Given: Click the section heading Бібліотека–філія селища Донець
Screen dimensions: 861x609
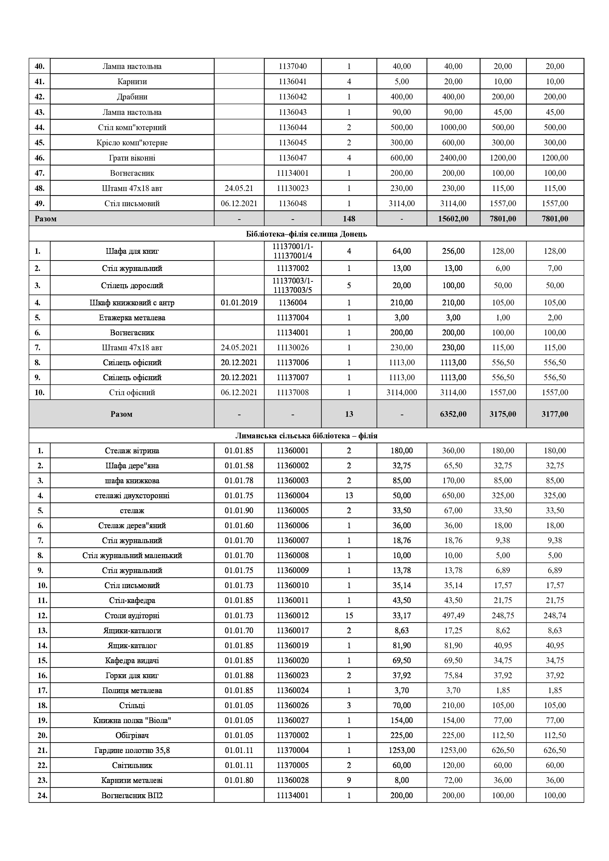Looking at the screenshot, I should [x=306, y=234].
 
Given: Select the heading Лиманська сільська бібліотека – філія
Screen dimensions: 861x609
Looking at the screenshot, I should [x=306, y=436].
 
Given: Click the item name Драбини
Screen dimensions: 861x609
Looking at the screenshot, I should [x=132, y=97].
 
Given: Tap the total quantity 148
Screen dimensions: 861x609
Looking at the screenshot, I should [x=349, y=219].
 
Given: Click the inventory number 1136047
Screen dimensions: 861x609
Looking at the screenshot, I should [x=293, y=158].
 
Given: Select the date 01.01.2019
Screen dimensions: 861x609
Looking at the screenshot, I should [x=239, y=303].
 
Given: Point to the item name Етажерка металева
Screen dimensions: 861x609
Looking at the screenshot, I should [x=132, y=318].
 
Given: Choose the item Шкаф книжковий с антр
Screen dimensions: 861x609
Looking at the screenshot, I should [x=132, y=303].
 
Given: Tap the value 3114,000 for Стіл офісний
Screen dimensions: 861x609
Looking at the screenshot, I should [x=401, y=393].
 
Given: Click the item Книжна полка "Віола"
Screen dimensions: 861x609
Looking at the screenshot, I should [x=132, y=720].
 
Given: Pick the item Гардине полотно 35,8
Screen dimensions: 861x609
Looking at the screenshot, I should [x=132, y=750].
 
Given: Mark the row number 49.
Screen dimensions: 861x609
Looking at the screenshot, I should [x=39, y=204].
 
